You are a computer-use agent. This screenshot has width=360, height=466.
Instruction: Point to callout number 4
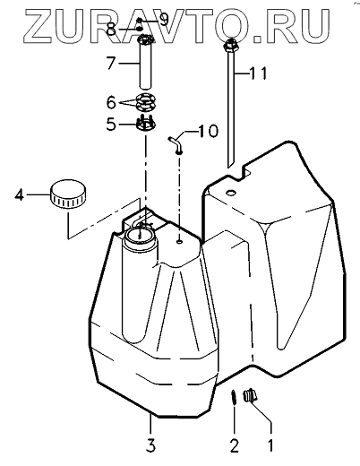point(20,194)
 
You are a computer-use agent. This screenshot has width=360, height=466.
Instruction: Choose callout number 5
point(111,124)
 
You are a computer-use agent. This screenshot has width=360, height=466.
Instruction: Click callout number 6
point(111,102)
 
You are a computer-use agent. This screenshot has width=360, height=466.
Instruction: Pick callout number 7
point(111,63)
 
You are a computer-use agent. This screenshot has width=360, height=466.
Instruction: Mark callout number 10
point(209,131)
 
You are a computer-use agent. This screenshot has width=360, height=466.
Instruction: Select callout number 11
point(259,73)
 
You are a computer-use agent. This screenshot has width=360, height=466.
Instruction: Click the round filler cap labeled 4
point(68,194)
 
